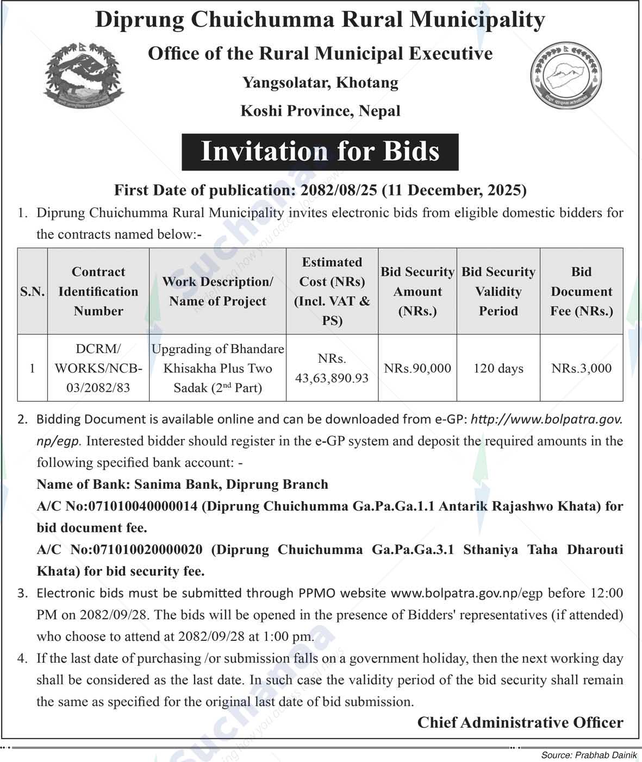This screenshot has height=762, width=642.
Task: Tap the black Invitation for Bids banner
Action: pos(320,152)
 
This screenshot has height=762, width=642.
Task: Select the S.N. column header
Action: pos(33,292)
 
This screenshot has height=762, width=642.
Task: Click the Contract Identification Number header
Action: pos(98,292)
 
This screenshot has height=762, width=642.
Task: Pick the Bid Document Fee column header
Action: pos(581,292)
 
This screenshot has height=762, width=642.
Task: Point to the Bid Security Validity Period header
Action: pos(498,292)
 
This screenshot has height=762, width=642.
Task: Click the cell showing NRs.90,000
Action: pos(417,368)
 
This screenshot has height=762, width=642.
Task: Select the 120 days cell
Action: pos(498,368)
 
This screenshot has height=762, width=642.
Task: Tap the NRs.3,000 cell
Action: pos(581,368)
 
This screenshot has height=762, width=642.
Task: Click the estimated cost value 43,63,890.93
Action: pos(332,377)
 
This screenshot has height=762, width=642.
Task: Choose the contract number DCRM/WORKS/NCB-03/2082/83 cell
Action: pos(98,368)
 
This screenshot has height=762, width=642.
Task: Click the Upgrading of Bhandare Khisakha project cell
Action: pos(217,368)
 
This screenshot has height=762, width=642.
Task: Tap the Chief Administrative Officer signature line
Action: pos(520,722)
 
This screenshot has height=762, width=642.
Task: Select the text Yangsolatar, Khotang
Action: pos(320,83)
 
